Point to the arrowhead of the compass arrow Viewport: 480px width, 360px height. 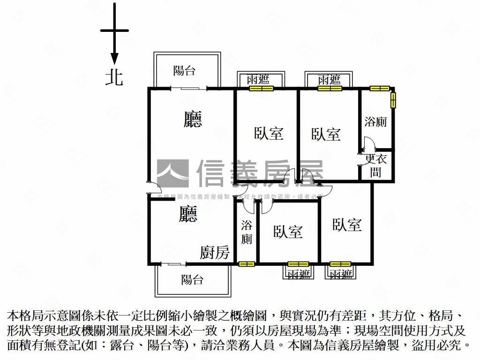[x=114, y=59]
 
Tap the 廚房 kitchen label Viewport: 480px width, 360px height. [x=215, y=253]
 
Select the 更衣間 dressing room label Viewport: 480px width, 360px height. [x=376, y=165]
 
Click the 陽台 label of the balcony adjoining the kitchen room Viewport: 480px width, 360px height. [x=192, y=280]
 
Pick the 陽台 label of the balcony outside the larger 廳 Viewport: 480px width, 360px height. [x=184, y=71]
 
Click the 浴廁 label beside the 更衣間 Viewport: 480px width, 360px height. [x=375, y=122]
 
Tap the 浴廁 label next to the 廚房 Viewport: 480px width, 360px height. [x=247, y=232]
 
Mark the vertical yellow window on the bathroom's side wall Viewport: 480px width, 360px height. [x=393, y=100]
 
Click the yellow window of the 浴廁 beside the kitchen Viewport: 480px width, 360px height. [x=247, y=264]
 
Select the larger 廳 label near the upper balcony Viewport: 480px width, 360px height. [x=193, y=119]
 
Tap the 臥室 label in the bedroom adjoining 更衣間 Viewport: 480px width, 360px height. [x=326, y=135]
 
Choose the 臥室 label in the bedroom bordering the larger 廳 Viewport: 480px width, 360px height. [x=269, y=133]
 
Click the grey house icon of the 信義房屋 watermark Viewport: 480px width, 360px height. [x=172, y=173]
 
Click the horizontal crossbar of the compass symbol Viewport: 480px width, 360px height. [x=114, y=31]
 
